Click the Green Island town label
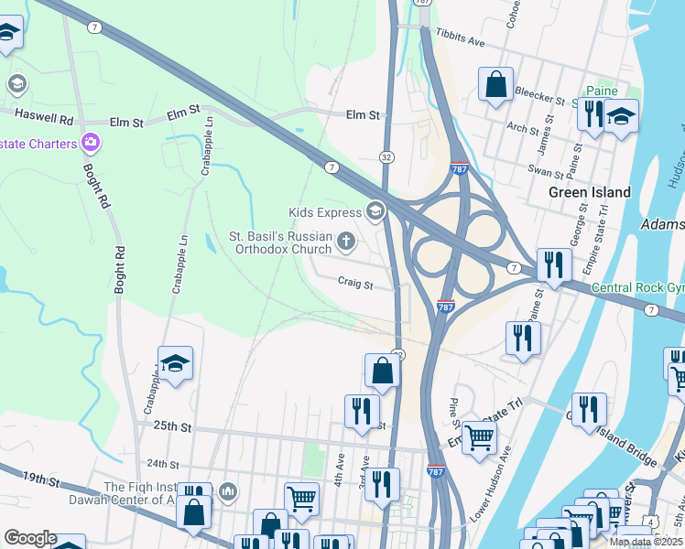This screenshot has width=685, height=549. pyautogui.click(x=590, y=192)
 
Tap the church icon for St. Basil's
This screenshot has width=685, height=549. pyautogui.click(x=346, y=242)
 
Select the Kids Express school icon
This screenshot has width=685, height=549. pyautogui.click(x=375, y=212)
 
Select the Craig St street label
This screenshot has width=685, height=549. pyautogui.click(x=355, y=285)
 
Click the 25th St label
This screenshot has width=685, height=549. pyautogui.click(x=171, y=426)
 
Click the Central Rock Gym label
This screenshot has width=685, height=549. pyautogui.click(x=637, y=288)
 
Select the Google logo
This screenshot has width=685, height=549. pyautogui.click(x=30, y=537)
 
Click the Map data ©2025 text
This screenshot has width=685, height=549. pyautogui.click(x=647, y=542)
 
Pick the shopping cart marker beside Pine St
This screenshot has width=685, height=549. pyautogui.click(x=479, y=437)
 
